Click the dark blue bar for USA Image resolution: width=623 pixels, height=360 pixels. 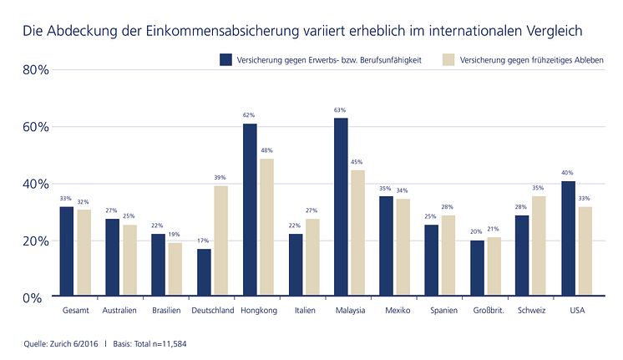(568, 238)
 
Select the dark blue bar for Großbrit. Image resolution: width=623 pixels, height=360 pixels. (477, 268)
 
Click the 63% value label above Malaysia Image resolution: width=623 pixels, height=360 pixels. (341, 109)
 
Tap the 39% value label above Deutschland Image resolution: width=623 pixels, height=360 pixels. (220, 177)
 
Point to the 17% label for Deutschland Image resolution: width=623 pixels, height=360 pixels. (204, 241)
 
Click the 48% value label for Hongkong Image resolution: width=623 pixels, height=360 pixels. (266, 150)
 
